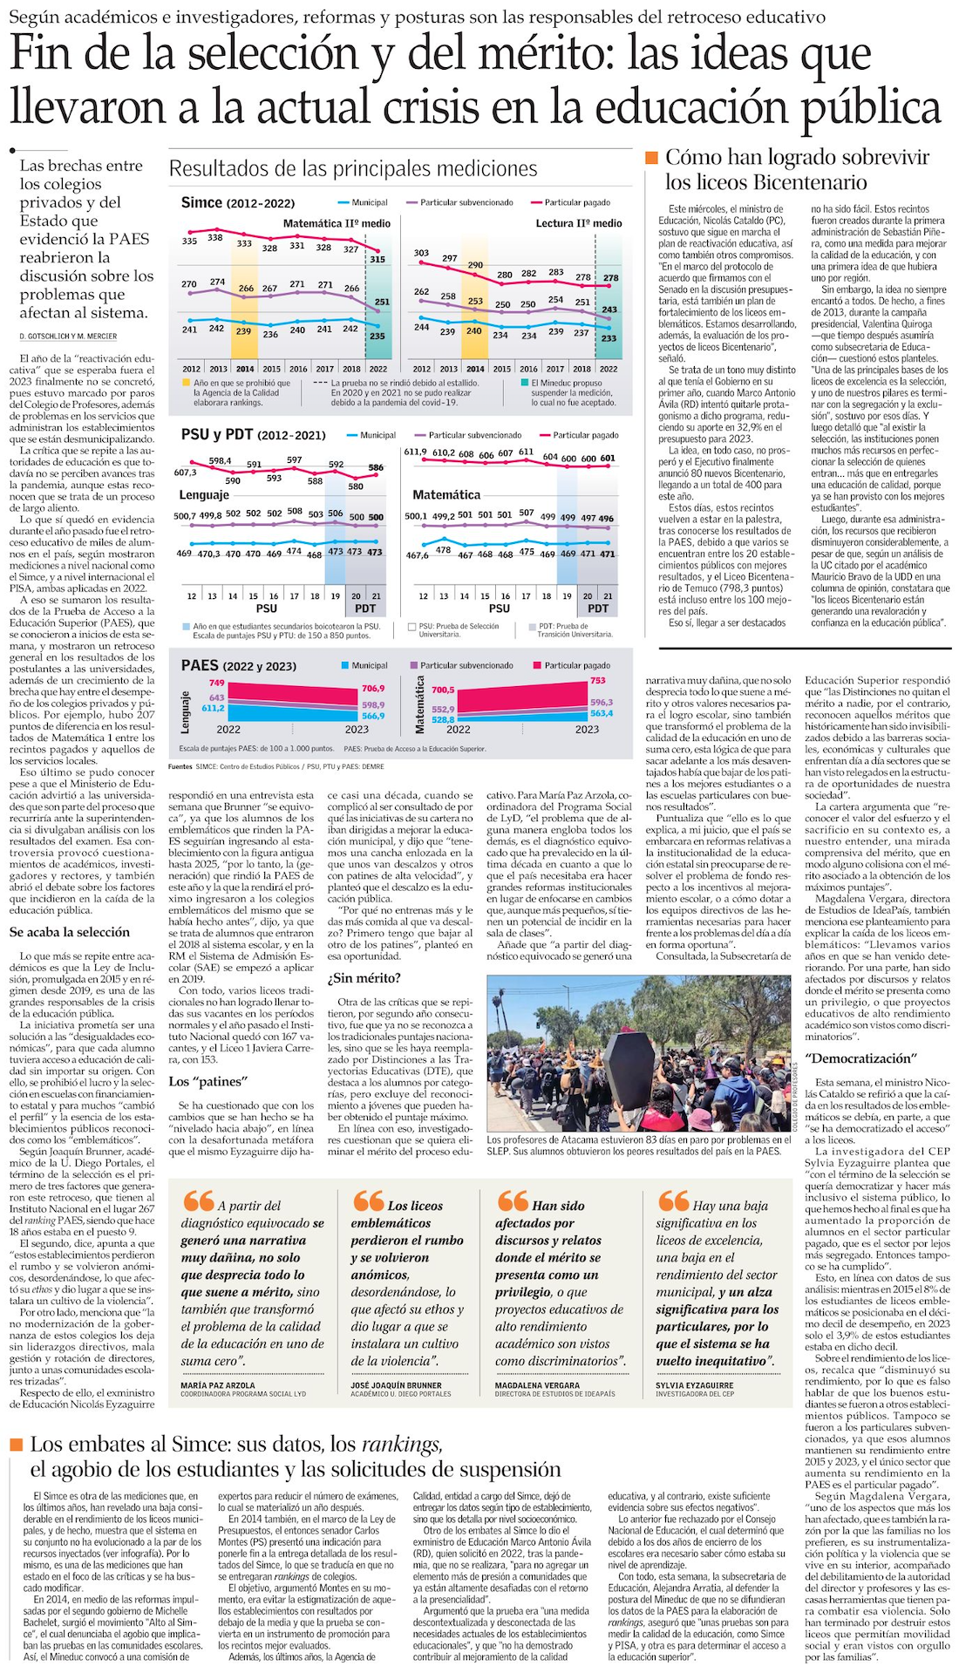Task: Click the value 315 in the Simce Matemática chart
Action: point(377,259)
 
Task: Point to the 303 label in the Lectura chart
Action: point(421,253)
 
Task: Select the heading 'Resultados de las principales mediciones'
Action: point(353,168)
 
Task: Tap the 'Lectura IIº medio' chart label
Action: point(579,223)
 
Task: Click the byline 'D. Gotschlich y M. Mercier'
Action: point(68,337)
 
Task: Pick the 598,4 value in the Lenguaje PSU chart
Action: point(220,460)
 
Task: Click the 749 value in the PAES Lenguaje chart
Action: point(216,683)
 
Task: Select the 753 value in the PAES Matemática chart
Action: point(597,680)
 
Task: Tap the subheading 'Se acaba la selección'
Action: point(70,932)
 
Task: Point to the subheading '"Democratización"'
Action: point(859,1058)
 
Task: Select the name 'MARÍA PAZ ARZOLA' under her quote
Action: point(218,1384)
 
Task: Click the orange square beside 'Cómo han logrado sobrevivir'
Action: point(650,157)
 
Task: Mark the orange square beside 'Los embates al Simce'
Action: point(16,1445)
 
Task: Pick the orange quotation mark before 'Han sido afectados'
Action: point(513,1200)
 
